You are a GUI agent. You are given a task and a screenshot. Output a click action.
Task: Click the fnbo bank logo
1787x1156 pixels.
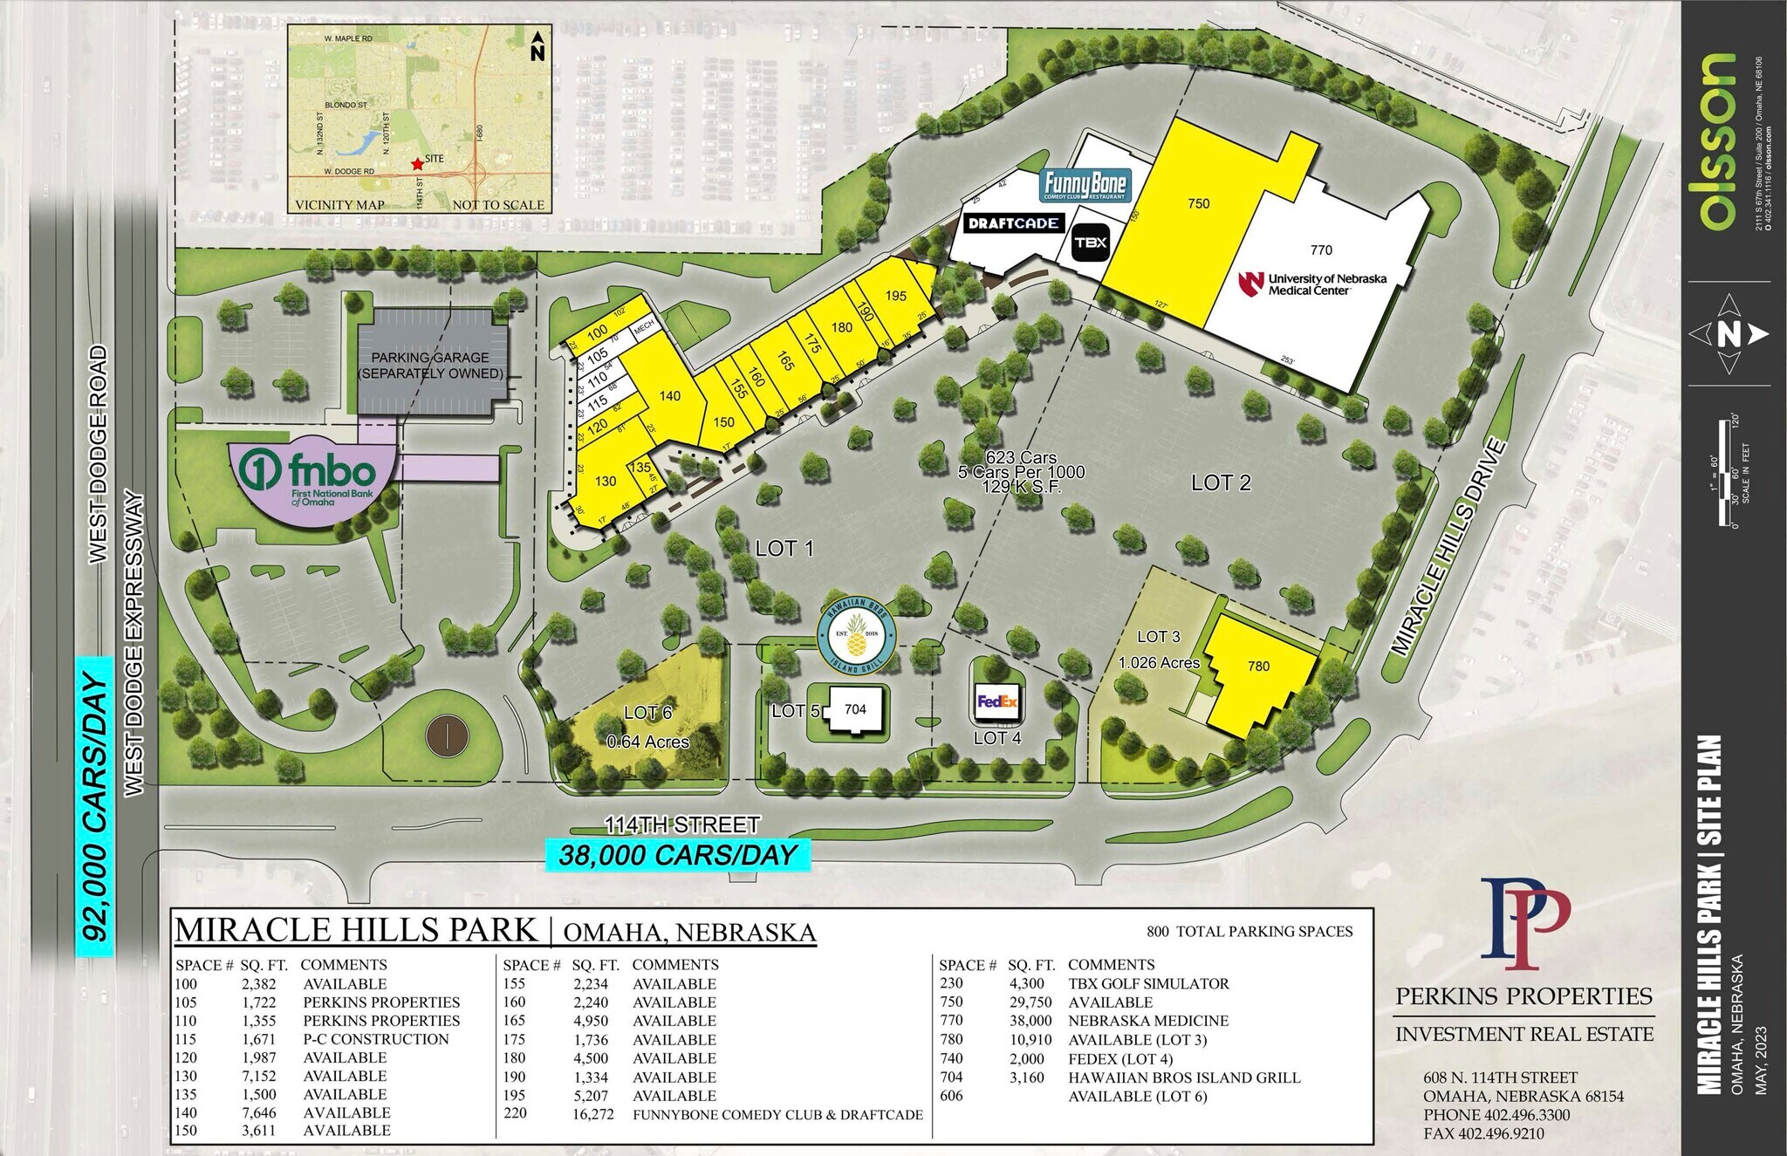310,475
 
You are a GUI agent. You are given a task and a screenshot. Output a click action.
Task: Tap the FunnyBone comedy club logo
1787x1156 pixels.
1085,186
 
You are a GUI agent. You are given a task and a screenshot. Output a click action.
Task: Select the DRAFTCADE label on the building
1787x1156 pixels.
1013,223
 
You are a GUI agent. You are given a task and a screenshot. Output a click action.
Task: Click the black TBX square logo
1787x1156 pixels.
1091,243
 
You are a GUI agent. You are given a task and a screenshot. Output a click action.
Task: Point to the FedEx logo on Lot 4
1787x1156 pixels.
997,701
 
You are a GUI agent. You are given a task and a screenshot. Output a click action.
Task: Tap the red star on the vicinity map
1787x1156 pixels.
417,163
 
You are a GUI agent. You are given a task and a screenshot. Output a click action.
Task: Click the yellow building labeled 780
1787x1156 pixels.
1258,667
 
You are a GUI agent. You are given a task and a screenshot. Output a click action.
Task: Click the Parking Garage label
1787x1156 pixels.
430,366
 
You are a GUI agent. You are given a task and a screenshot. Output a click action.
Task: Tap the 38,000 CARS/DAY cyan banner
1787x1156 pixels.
677,855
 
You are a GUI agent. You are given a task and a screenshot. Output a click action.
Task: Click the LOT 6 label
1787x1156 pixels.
647,713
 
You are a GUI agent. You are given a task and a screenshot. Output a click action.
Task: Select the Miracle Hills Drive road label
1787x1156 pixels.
1448,548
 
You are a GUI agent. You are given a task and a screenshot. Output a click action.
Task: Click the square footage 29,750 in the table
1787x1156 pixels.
1030,1002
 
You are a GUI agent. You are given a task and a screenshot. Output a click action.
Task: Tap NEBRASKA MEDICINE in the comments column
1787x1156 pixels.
1147,1021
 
